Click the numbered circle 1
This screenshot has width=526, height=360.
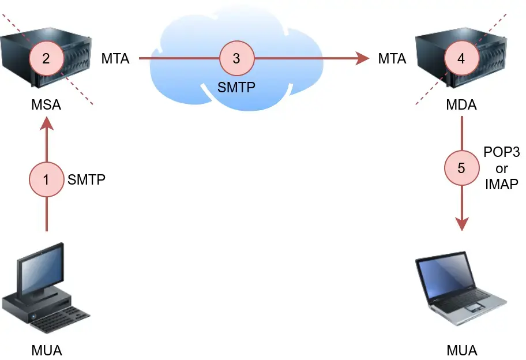click(x=46, y=179)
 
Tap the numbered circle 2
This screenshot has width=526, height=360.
click(x=46, y=58)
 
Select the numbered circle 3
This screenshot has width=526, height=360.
click(x=236, y=58)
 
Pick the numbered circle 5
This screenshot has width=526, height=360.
click(x=461, y=168)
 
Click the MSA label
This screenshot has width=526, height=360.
click(x=46, y=106)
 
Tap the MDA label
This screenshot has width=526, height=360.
click(x=461, y=106)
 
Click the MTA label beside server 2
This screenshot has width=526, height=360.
click(x=115, y=58)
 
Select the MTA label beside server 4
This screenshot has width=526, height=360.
click(x=392, y=58)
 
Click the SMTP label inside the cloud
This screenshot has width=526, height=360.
click(x=236, y=88)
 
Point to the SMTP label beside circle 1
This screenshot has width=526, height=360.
click(x=87, y=179)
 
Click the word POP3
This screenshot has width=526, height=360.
click(x=501, y=153)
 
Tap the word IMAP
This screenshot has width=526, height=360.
click(x=501, y=184)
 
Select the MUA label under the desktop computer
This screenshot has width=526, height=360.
click(x=46, y=350)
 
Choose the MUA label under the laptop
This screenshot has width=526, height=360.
click(x=461, y=350)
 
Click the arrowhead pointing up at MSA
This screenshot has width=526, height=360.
click(x=46, y=124)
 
